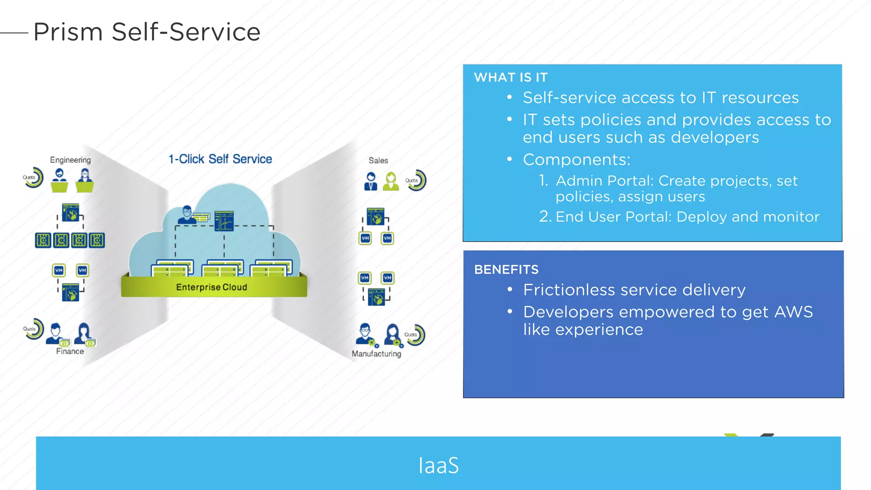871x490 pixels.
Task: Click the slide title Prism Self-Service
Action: (x=147, y=32)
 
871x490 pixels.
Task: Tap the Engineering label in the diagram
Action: (x=70, y=160)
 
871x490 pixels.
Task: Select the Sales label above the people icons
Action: (x=378, y=160)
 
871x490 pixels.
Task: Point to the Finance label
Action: (x=70, y=351)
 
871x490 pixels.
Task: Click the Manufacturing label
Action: (x=376, y=354)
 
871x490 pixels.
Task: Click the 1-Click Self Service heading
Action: (x=220, y=159)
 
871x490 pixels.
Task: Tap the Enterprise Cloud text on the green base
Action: (x=211, y=287)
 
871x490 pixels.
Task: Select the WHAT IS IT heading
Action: (x=510, y=77)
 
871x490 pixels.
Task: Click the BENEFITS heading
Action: (x=506, y=270)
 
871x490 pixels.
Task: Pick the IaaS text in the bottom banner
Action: (x=438, y=465)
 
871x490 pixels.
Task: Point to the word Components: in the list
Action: (x=576, y=160)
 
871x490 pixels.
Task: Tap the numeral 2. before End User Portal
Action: (x=545, y=217)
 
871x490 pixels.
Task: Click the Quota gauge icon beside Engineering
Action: (x=33, y=177)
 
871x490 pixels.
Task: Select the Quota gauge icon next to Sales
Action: (x=416, y=180)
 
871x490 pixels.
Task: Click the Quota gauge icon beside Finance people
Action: (x=34, y=329)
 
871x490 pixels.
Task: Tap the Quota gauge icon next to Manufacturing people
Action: (x=415, y=335)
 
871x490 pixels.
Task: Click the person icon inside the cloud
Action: (x=186, y=215)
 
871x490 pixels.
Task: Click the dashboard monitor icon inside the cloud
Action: (x=224, y=221)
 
